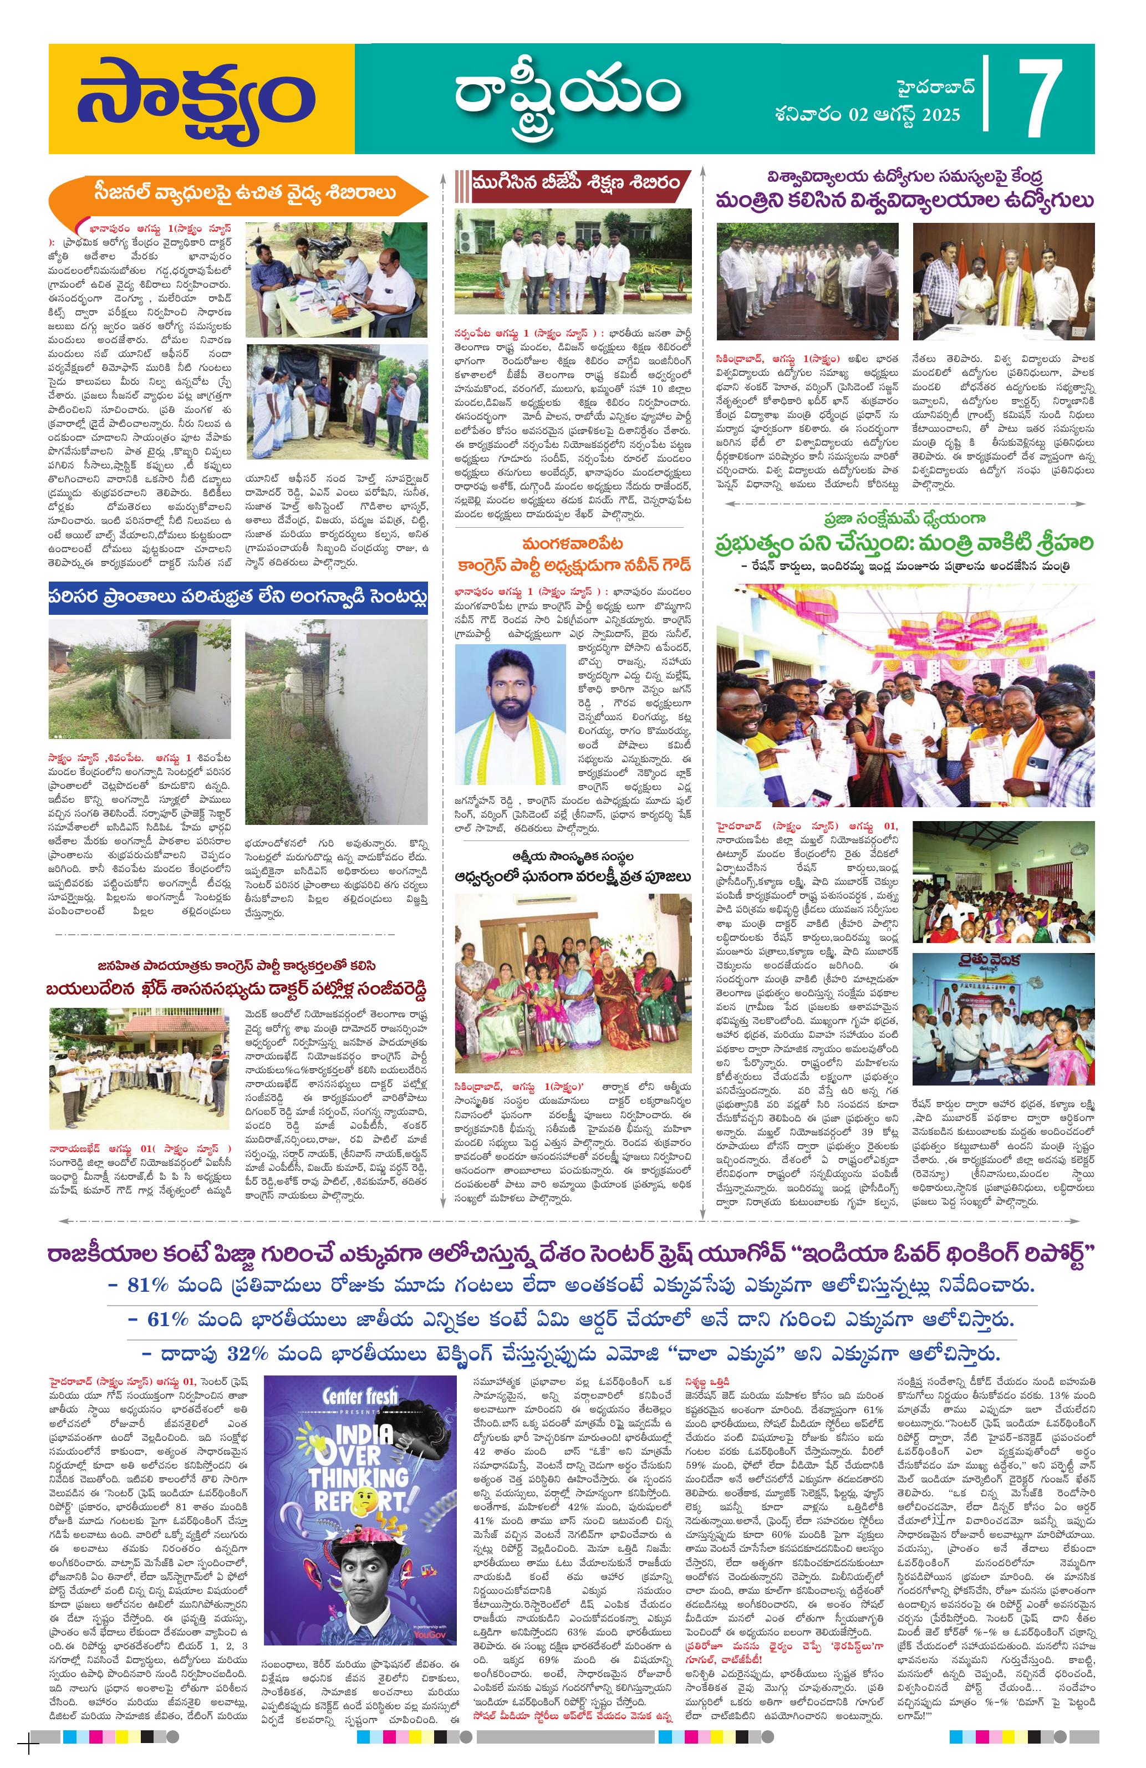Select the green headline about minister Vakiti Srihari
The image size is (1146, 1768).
[905, 542]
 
